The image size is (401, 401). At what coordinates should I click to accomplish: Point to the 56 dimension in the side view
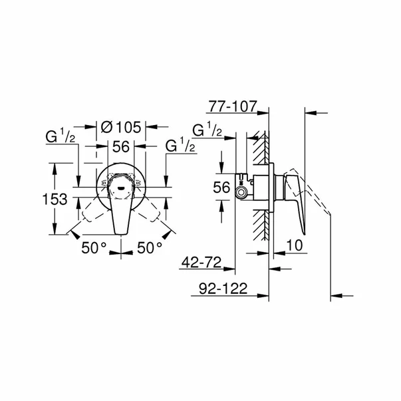pyautogui.click(x=223, y=189)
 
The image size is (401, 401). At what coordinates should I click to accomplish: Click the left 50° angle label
pyautogui.click(x=94, y=247)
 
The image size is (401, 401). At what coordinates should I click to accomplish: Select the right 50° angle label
pyautogui.click(x=150, y=247)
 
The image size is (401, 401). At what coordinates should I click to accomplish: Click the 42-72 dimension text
pyautogui.click(x=200, y=262)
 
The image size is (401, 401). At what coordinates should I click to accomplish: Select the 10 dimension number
pyautogui.click(x=295, y=245)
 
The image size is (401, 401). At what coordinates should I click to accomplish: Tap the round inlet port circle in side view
pyautogui.click(x=240, y=192)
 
